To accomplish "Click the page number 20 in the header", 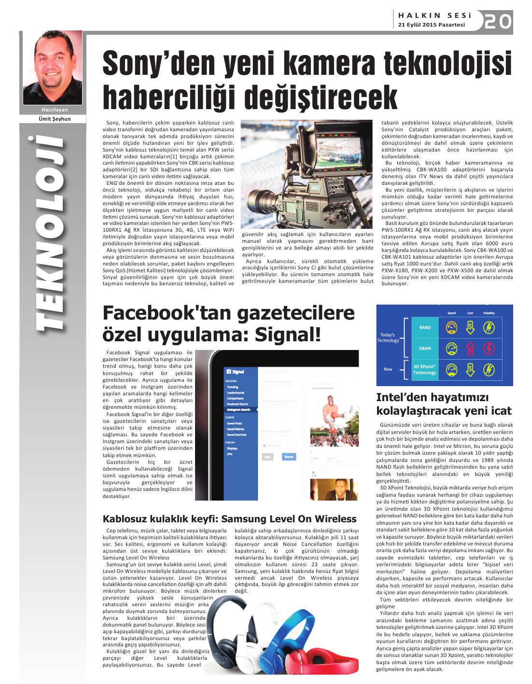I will pos(498,22).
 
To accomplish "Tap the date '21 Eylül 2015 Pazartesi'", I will pos(431,25).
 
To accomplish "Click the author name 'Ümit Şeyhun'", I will pos(55,119).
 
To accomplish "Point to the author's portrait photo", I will pos(53,68).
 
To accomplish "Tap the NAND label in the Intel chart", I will pos(425,327).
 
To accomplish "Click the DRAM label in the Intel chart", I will pos(425,349).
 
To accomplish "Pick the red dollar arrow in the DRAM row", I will pos(470,349).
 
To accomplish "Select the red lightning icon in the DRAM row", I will pos(489,349).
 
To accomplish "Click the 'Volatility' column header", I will pos(489,313).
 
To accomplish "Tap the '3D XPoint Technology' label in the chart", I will pos(424,370).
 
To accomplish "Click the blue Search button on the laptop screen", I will pos(289,456).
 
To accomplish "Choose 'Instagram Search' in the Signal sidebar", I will pos(239,410).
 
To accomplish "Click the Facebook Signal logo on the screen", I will pos(236,372).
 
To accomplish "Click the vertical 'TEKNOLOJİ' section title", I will pos(50,232).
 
